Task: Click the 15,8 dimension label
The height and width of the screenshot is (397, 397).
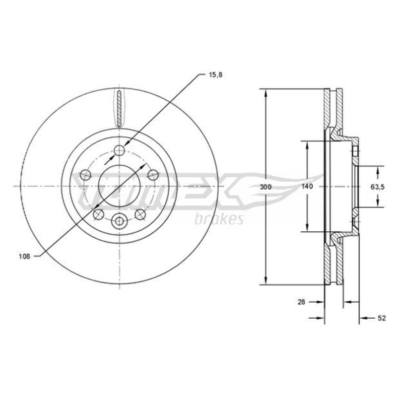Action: (215, 75)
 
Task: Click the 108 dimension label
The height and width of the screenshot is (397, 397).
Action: (24, 257)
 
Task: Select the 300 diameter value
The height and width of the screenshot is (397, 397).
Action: (265, 187)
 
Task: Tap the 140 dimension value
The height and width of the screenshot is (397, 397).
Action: (307, 187)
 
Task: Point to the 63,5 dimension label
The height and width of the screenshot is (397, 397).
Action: (378, 187)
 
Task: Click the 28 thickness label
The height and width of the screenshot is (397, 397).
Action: (301, 302)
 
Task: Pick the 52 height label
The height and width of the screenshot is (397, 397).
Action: (382, 318)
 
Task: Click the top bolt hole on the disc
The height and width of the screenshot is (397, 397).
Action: (119, 150)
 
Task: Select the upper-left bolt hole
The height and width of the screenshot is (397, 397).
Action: (85, 175)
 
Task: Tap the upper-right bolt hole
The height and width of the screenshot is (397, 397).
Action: (153, 175)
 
